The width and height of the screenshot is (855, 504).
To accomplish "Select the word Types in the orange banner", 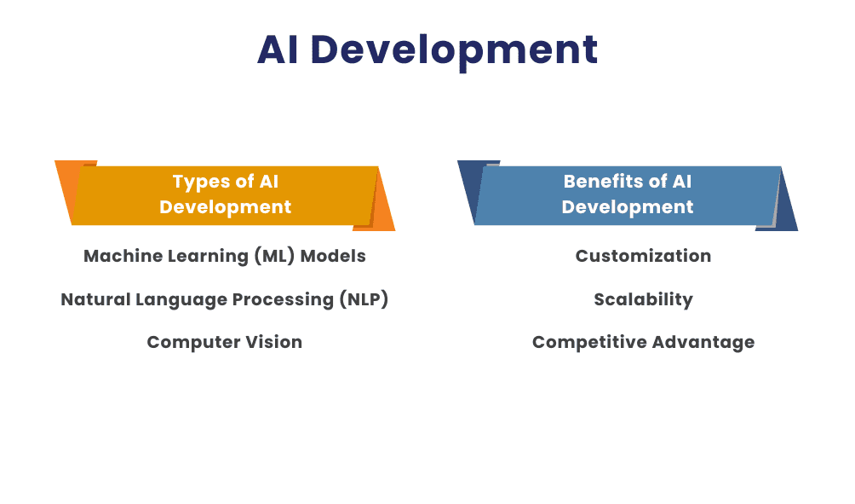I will pos(201,182).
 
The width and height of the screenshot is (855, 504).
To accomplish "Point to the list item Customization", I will pos(643,256).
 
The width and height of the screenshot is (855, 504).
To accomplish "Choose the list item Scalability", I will pos(643,299).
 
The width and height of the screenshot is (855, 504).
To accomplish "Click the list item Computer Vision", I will pos(224,342).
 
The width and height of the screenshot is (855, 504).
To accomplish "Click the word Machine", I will pos(117,256).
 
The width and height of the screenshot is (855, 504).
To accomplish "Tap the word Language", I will pos(169,299).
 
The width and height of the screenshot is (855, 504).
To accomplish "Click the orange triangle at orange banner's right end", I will pos(384,209).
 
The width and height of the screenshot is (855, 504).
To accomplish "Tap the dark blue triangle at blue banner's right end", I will pos(788,209).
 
